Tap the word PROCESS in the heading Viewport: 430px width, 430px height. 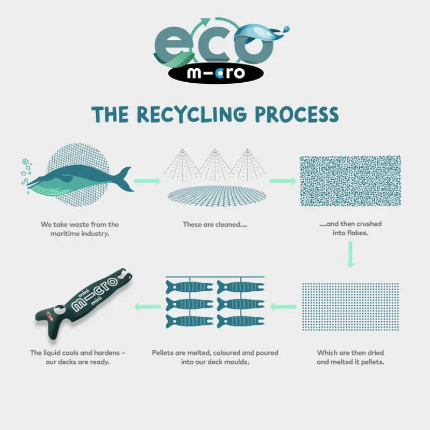click(297, 114)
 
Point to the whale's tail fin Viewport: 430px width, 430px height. click(125, 178)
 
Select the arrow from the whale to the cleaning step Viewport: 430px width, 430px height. click(147, 181)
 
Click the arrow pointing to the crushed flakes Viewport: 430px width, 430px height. click(281, 181)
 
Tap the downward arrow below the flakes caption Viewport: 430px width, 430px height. click(350, 254)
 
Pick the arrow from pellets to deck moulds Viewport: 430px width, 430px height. click(282, 307)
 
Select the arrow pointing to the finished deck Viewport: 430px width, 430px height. click(147, 307)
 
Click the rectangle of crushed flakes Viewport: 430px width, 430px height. click(350, 181)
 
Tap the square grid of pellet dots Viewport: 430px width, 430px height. click(350, 306)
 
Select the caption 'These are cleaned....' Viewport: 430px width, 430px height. click(215, 224)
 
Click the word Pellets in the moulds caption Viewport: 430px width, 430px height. click(164, 353)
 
